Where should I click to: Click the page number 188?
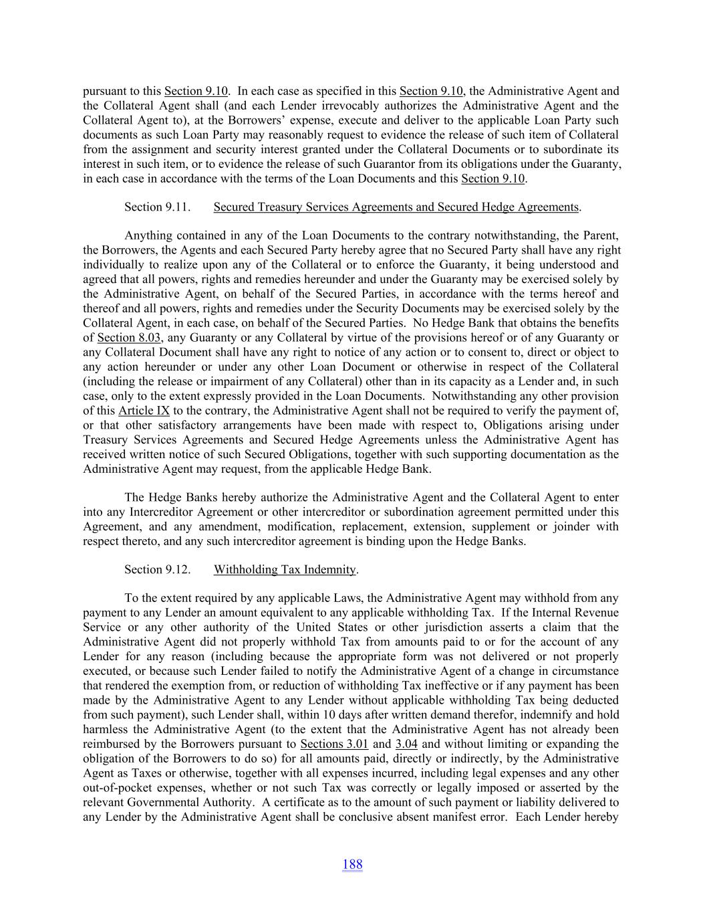tap(352, 864)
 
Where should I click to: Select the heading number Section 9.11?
tap(157, 207)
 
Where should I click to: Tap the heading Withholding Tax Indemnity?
tap(285, 570)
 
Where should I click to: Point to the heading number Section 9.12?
tap(157, 570)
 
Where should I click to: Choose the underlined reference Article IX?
tap(144, 411)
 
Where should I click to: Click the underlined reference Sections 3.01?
tap(334, 744)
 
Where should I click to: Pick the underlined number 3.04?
tap(406, 744)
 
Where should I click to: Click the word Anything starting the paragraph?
tap(148, 235)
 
